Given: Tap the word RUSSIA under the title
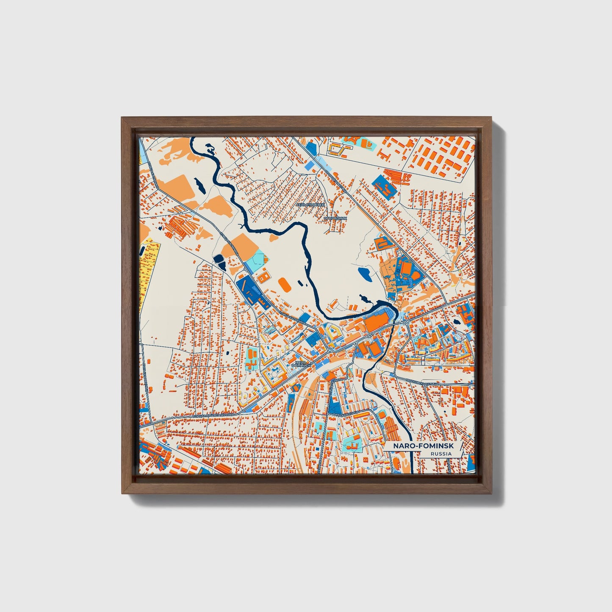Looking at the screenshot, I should [x=440, y=454].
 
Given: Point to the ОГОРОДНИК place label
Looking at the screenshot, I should [x=335, y=218].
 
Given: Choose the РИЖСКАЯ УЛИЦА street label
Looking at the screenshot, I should [x=345, y=413].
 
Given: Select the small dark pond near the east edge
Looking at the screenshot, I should [x=457, y=323].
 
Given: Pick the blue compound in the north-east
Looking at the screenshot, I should [x=385, y=186].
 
